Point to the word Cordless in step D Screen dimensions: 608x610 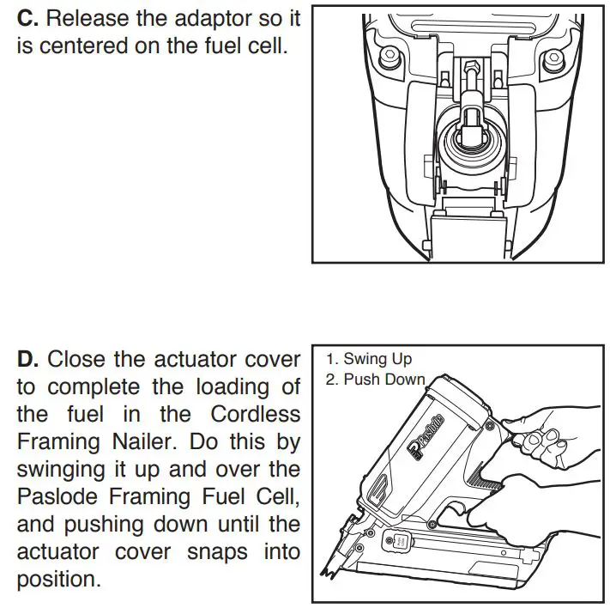pos(256,414)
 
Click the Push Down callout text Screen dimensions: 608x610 pos(375,380)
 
